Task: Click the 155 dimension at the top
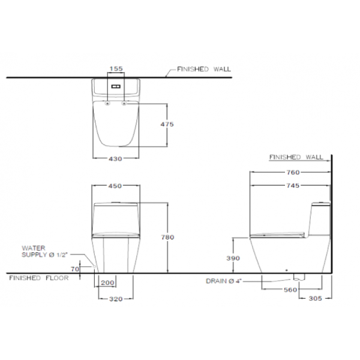116,68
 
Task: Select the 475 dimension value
167,124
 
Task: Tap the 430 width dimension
115,158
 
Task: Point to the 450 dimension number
115,186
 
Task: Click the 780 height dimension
167,237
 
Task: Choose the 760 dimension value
293,172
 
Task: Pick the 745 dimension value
293,185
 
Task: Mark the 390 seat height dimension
233,258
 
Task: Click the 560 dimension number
290,290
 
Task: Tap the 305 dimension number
316,298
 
